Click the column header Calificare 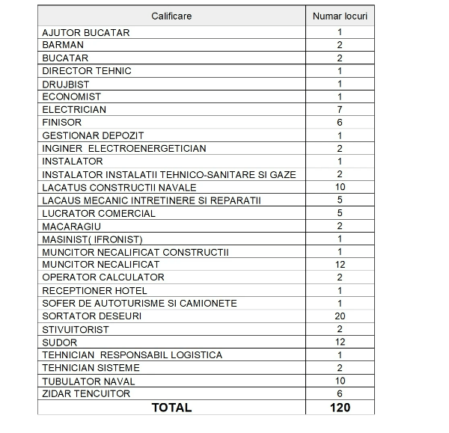[171, 15]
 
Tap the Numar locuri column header [339, 15]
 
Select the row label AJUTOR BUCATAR [86, 32]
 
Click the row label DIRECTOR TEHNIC [87, 71]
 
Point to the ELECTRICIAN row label [74, 109]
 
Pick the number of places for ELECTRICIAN [340, 109]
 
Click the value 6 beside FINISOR [340, 122]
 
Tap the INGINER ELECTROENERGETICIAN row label [124, 148]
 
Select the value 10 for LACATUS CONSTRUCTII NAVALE [340, 187]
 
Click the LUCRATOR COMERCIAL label [99, 213]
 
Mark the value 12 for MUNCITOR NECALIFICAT [340, 264]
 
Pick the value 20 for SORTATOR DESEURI [340, 316]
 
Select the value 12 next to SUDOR [340, 342]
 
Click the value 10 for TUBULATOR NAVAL [340, 381]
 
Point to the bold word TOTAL [171, 408]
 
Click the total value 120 [339, 408]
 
